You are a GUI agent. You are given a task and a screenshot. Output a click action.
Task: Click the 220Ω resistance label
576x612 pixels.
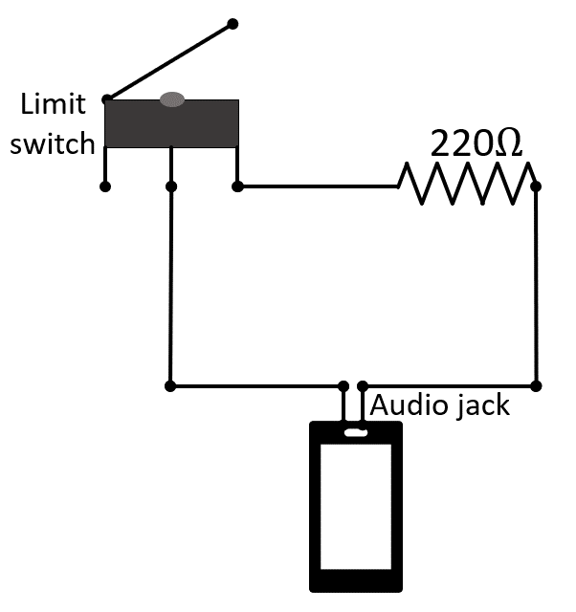click(x=476, y=144)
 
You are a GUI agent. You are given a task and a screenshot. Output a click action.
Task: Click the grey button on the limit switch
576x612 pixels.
click(x=172, y=98)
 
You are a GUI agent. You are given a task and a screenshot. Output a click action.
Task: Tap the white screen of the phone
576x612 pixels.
click(x=355, y=503)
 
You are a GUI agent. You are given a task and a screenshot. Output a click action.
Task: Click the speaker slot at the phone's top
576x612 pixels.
click(x=355, y=433)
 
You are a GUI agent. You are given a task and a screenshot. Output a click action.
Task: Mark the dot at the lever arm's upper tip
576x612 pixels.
click(x=233, y=22)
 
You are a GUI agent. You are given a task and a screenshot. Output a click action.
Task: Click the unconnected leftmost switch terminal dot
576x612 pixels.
click(x=105, y=186)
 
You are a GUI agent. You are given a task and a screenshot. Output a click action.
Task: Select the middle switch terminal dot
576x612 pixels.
click(x=170, y=186)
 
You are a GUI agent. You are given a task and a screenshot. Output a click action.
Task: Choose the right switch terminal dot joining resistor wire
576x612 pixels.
click(x=237, y=186)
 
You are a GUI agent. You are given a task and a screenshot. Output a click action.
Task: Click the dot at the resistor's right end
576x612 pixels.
click(x=536, y=186)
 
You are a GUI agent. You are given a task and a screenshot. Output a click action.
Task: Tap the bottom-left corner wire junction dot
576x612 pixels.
click(x=170, y=386)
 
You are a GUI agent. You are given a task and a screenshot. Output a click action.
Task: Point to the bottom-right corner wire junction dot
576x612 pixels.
click(x=536, y=386)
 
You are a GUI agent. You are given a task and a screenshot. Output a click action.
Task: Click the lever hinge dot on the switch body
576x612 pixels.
click(x=107, y=98)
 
